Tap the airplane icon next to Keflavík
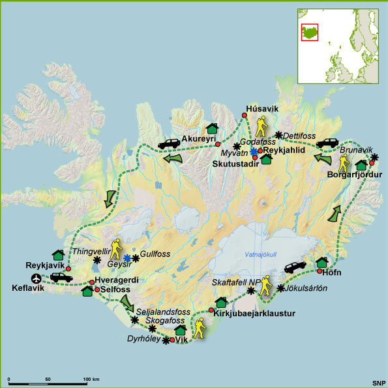point(37,278)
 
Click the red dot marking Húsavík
point(245,116)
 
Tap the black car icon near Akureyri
point(171,143)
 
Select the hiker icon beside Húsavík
point(262,125)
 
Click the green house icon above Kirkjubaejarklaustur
point(220,302)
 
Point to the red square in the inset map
point(309,32)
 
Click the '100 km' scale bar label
point(92,378)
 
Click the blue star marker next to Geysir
point(128,258)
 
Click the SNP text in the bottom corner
point(377,380)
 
